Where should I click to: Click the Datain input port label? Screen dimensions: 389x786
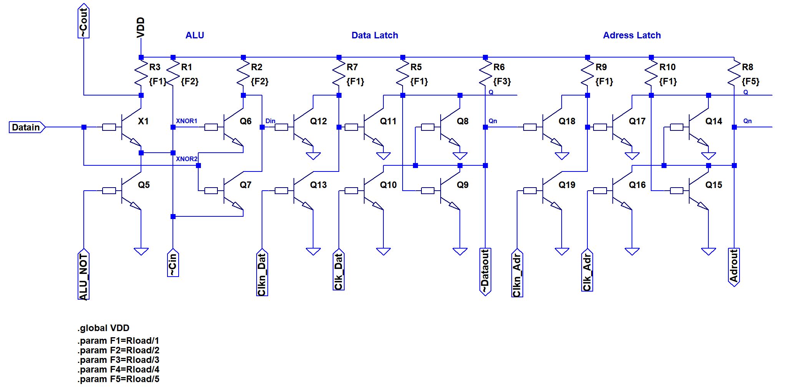pyautogui.click(x=26, y=127)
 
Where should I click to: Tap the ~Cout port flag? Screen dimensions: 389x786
pyautogui.click(x=83, y=21)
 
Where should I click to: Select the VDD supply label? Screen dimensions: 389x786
pyautogui.click(x=141, y=27)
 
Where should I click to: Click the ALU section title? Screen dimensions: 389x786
pyautogui.click(x=194, y=35)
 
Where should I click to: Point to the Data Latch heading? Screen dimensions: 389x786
pyautogui.click(x=375, y=35)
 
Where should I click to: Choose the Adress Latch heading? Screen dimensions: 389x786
pyautogui.click(x=632, y=35)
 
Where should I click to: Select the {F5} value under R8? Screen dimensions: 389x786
pyautogui.click(x=750, y=81)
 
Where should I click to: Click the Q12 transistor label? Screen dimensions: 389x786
pyautogui.click(x=318, y=121)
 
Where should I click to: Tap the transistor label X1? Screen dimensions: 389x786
pyautogui.click(x=143, y=121)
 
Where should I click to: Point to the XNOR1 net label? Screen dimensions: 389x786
pyautogui.click(x=186, y=121)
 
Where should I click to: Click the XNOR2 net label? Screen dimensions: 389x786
pyautogui.click(x=186, y=159)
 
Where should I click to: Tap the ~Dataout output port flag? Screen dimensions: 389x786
pyautogui.click(x=485, y=272)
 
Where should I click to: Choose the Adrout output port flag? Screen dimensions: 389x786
pyautogui.click(x=734, y=267)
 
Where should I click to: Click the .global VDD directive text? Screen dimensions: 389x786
pyautogui.click(x=103, y=328)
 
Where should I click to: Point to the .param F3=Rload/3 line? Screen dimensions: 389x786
pyautogui.click(x=118, y=360)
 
